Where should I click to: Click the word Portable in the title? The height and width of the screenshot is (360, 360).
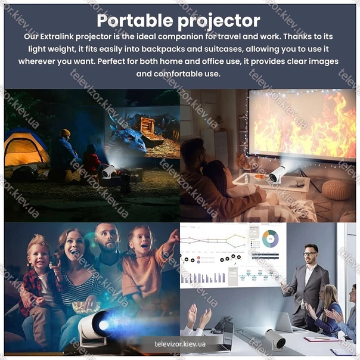tap(135, 21)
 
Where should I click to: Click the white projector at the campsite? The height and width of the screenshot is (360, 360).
tap(107, 171)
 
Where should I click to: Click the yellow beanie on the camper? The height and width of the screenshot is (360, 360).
tap(65, 132)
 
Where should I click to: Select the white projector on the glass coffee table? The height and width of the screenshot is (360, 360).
tap(277, 175)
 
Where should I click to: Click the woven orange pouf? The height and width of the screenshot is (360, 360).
tap(337, 190)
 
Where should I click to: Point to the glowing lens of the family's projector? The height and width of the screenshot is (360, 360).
tap(104, 325)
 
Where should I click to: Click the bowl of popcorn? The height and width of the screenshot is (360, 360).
tap(86, 307)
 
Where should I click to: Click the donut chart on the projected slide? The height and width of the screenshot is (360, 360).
tap(270, 239)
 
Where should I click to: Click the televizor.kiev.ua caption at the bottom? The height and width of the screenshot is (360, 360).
tap(180, 344)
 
